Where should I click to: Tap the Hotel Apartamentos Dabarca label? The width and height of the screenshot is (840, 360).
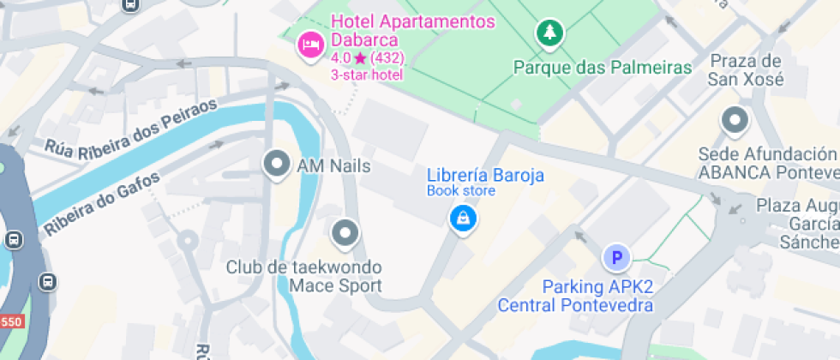(x=412, y=31)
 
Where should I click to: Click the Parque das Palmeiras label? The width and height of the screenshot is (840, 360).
(x=602, y=68)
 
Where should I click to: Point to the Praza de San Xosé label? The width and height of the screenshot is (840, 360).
(x=746, y=70)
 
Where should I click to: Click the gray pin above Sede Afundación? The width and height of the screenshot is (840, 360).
(x=735, y=121)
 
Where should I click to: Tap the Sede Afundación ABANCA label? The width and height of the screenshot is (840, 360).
(x=767, y=163)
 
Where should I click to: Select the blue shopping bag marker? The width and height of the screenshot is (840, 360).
(x=463, y=218)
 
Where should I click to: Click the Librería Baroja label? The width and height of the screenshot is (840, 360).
(x=485, y=176)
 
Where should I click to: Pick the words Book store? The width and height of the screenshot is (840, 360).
(x=461, y=190)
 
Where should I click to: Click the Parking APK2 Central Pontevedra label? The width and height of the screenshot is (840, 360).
(x=575, y=296)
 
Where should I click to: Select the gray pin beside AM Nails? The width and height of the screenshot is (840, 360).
(x=276, y=165)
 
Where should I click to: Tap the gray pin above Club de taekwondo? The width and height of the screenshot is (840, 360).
(x=345, y=232)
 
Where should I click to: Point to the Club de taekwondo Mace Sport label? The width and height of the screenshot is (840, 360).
(x=303, y=277)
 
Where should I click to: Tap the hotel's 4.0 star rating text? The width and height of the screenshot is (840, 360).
(x=367, y=58)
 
